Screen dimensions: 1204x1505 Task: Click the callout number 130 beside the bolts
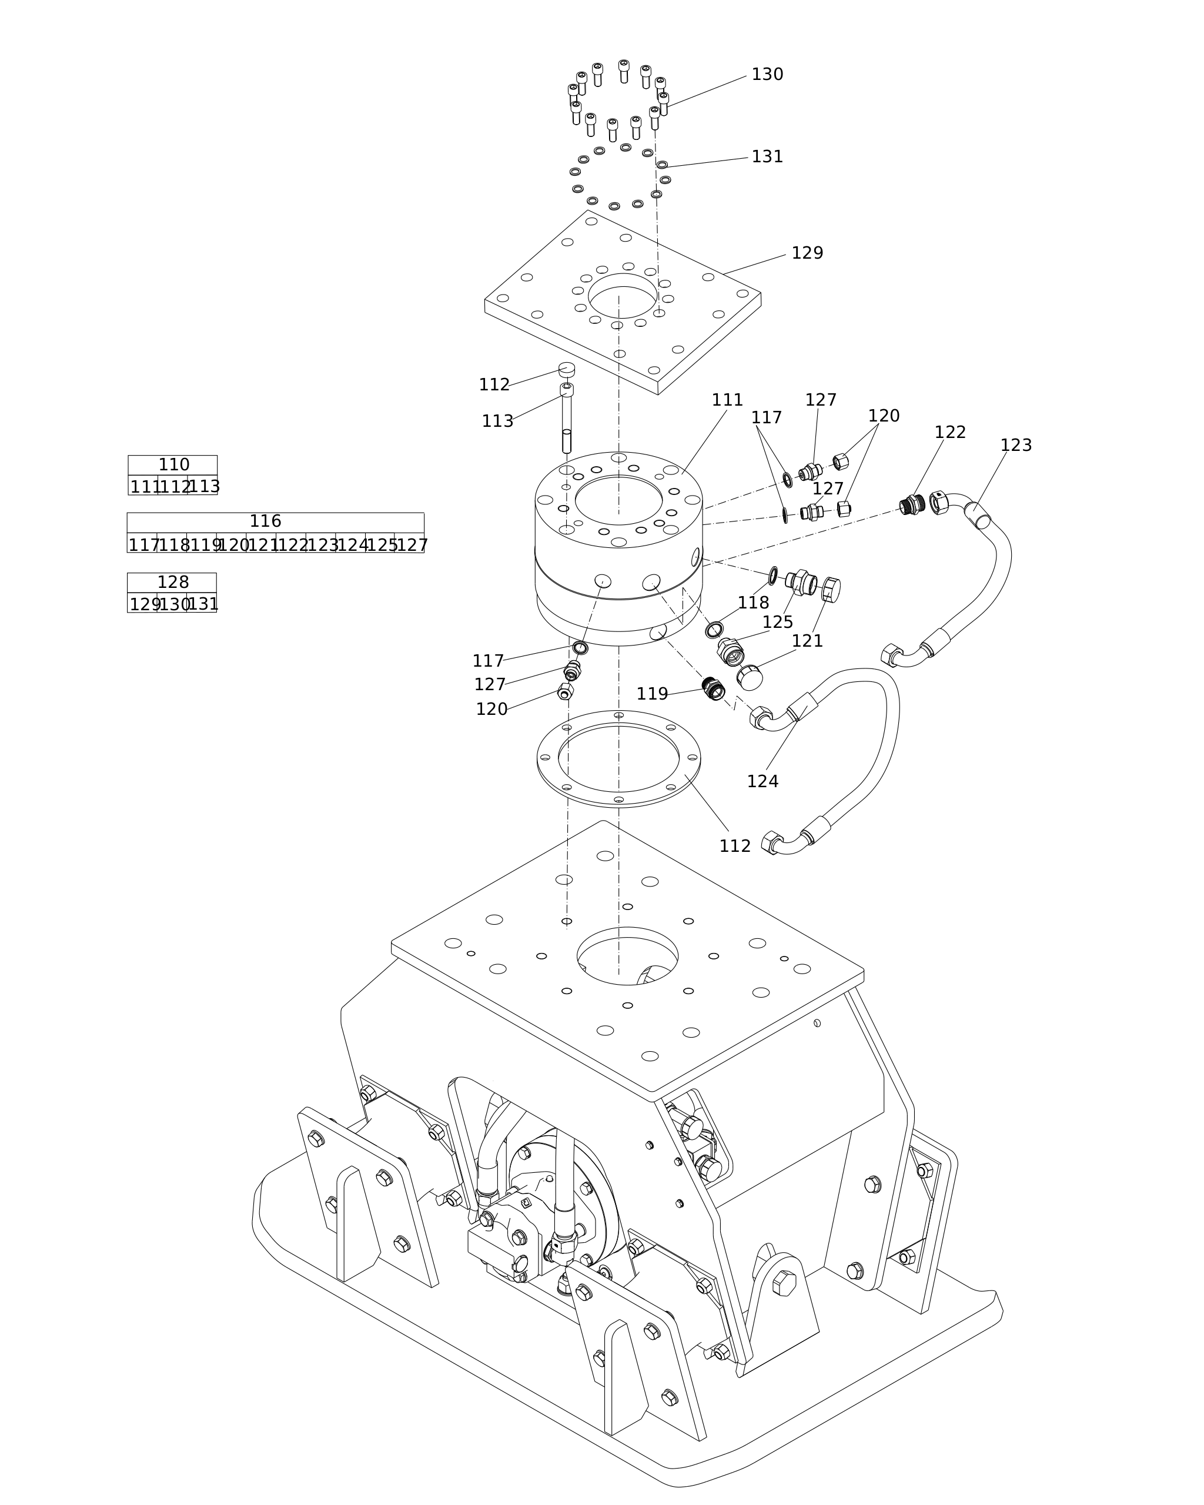[x=767, y=75]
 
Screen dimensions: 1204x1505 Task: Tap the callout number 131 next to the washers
[x=767, y=157]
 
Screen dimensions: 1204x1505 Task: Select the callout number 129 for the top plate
[x=807, y=253]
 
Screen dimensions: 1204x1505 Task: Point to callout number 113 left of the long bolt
[x=497, y=422]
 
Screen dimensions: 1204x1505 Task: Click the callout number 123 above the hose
[x=1015, y=446]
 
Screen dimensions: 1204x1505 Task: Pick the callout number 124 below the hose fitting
[x=762, y=782]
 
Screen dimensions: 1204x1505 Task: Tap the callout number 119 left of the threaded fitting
[x=652, y=694]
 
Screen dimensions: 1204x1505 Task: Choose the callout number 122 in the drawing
[x=950, y=433]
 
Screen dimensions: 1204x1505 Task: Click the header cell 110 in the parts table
[x=173, y=465]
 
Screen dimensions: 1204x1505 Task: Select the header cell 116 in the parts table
[x=265, y=521]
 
